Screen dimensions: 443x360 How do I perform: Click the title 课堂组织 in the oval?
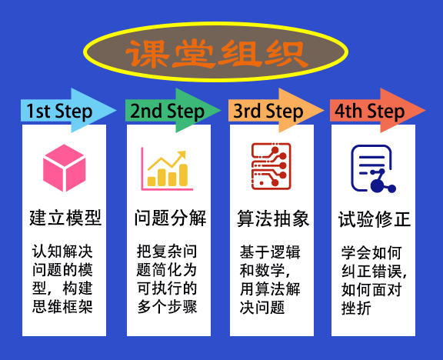pyautogui.click(x=217, y=54)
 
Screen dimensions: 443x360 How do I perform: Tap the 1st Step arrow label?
pyautogui.click(x=59, y=111)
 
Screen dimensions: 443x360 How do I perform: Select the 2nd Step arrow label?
pyautogui.click(x=167, y=111)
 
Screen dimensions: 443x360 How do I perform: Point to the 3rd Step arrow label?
pyautogui.click(x=268, y=111)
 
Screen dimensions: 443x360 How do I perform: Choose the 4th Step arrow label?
pyautogui.click(x=369, y=111)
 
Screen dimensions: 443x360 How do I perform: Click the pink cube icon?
pyautogui.click(x=65, y=168)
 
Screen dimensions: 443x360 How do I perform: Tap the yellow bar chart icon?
pyautogui.click(x=167, y=169)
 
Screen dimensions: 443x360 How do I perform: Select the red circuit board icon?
pyautogui.click(x=271, y=166)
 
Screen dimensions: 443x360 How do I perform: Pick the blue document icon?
pyautogui.click(x=373, y=168)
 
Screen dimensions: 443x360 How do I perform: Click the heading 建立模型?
pyautogui.click(x=65, y=218)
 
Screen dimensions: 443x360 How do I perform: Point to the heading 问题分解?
pyautogui.click(x=170, y=218)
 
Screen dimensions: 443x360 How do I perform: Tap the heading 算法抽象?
pyautogui.click(x=273, y=218)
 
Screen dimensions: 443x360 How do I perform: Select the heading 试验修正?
pyautogui.click(x=375, y=219)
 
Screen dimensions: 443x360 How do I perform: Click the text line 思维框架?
pyautogui.click(x=62, y=306)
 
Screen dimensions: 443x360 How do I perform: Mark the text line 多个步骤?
pyautogui.click(x=167, y=306)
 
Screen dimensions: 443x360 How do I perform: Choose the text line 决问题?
pyautogui.click(x=262, y=307)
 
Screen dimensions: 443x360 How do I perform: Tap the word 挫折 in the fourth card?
pyautogui.click(x=356, y=308)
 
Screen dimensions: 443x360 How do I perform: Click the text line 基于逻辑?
pyautogui.click(x=270, y=252)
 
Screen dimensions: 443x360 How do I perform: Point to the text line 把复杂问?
pyautogui.click(x=167, y=252)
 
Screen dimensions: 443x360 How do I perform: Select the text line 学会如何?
pyautogui.click(x=371, y=253)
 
